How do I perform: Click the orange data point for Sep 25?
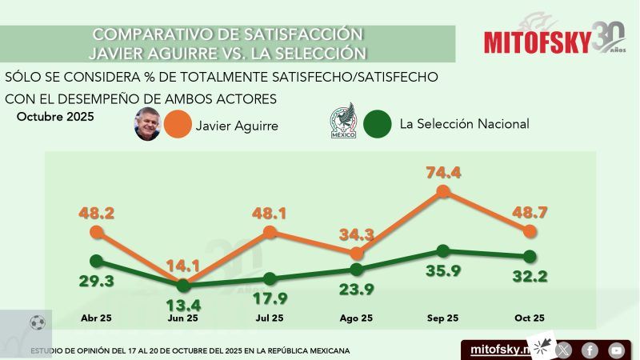pos(443,191)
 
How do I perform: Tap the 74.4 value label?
pos(443,171)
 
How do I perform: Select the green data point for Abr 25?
pos(97,261)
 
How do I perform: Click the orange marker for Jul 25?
pos(270,233)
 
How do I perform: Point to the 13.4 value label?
pos(183,304)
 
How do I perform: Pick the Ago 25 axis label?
pos(356,318)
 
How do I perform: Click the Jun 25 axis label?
pos(183,318)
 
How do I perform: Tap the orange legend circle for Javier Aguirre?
pos(178,124)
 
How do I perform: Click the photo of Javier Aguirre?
pos(147,124)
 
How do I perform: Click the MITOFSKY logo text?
pos(536,42)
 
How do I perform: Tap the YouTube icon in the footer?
pos(615,350)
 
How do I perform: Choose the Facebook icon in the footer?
pos(590,350)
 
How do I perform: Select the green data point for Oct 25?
pos(529,256)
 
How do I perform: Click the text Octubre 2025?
pos(55,117)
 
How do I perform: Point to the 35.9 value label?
pos(443,270)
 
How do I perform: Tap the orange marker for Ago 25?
pos(356,253)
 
